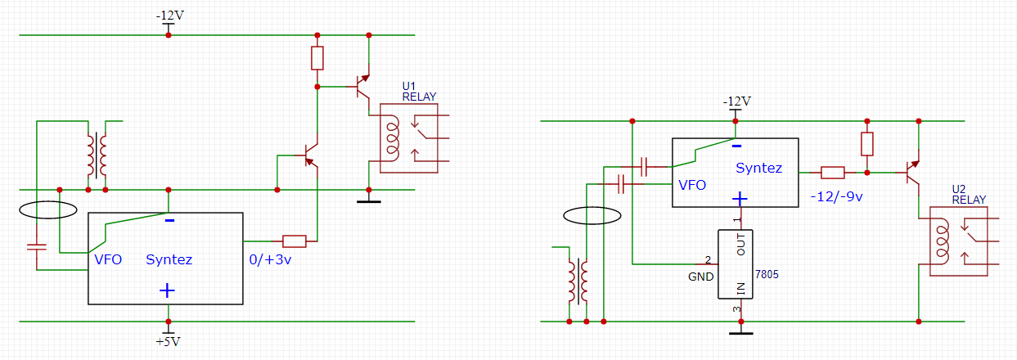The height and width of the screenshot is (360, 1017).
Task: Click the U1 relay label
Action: (419, 92)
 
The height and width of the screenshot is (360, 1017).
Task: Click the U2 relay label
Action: (969, 194)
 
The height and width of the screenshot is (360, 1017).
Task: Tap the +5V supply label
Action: (168, 342)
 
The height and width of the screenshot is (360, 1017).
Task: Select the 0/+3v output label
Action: (270, 259)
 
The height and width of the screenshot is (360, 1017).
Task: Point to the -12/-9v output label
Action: (836, 196)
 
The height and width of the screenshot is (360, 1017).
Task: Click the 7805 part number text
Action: (767, 274)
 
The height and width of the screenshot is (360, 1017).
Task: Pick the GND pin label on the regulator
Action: (701, 277)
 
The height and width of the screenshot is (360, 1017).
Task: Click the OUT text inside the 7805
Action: (741, 245)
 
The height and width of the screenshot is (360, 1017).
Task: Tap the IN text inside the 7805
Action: (741, 289)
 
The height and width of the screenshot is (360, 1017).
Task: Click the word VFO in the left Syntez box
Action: (108, 259)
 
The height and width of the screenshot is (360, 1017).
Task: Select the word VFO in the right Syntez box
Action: (692, 185)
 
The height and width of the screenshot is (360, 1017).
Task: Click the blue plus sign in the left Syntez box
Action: (167, 290)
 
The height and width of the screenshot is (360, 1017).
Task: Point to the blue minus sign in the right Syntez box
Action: (737, 146)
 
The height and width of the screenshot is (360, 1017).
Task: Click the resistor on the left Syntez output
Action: (295, 241)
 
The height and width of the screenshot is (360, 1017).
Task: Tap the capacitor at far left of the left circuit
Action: (37, 247)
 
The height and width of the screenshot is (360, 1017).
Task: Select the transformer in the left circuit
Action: (97, 155)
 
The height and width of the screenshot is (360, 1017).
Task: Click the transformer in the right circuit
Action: (578, 281)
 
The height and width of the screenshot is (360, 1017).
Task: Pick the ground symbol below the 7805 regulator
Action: (741, 333)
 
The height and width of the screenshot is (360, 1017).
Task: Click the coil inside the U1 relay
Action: (392, 138)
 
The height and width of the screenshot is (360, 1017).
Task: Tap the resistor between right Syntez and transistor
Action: (833, 173)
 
